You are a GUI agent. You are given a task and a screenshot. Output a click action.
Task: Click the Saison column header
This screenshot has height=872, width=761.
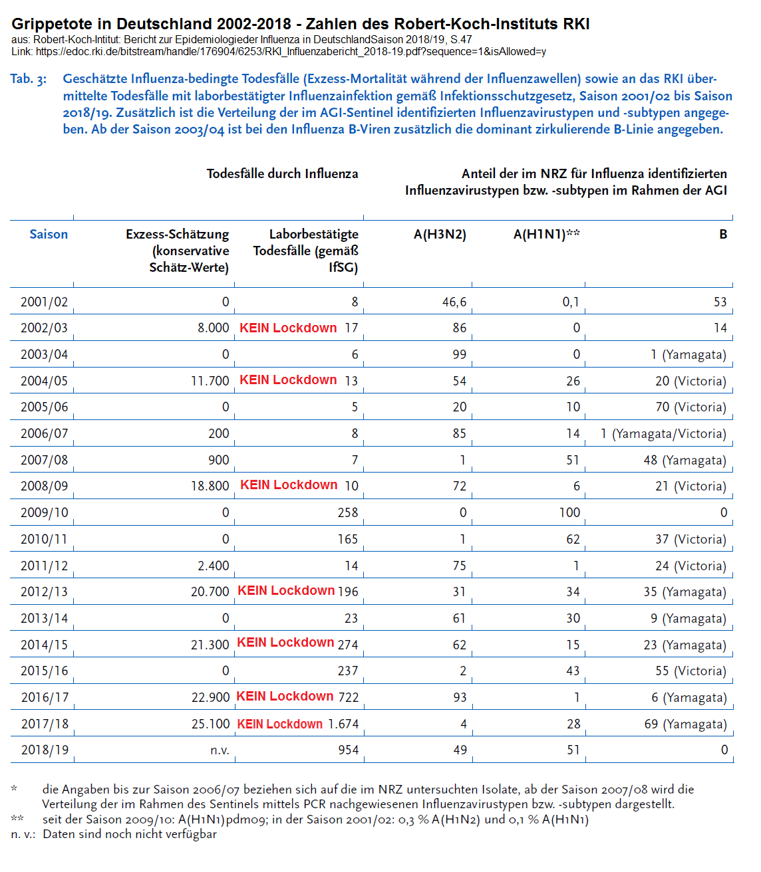click(49, 234)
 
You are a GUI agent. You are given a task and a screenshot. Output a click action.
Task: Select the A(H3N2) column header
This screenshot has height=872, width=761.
click(440, 234)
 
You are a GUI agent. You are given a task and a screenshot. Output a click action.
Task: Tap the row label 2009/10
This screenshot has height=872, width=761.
click(44, 512)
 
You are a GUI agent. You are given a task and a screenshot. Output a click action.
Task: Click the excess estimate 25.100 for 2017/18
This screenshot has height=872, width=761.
click(210, 724)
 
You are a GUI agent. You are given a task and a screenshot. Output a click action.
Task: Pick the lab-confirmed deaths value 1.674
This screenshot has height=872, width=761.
click(343, 724)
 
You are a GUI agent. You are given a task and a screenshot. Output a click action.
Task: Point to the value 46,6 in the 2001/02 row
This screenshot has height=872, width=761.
click(454, 302)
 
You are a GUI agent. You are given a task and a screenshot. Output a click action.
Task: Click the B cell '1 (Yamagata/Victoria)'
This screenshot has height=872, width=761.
click(663, 433)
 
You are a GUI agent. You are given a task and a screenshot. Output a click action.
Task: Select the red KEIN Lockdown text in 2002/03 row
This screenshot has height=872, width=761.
click(288, 328)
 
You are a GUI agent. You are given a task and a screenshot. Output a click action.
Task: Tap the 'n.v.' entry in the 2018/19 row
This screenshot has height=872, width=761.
click(220, 750)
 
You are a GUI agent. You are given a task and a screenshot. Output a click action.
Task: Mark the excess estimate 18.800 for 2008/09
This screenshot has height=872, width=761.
click(210, 486)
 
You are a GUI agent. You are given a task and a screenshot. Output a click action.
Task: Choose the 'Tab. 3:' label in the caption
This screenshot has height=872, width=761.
click(28, 79)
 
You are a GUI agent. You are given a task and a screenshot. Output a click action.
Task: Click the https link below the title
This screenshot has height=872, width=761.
click(291, 51)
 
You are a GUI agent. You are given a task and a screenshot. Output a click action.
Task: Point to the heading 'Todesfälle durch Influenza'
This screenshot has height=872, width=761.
click(282, 173)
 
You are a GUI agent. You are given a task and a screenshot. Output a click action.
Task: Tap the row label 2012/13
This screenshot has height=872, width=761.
click(44, 592)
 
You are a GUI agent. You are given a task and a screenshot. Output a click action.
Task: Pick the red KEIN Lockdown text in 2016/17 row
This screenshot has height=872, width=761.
click(285, 696)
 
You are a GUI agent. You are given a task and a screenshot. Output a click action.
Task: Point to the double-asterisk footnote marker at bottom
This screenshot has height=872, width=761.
click(17, 819)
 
